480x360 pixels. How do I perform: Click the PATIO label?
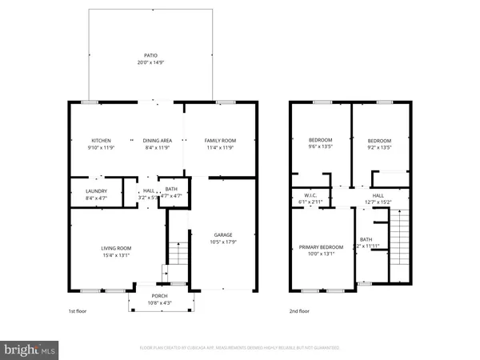[x=151, y=55]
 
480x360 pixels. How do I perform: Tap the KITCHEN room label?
[x=101, y=140]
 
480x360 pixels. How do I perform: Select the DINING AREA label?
[x=157, y=140]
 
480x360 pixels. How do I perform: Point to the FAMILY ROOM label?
[x=218, y=140]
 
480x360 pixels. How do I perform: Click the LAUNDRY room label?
[x=97, y=190]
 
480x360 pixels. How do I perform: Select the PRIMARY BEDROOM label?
[x=320, y=247]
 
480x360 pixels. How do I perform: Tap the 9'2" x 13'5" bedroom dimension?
[x=379, y=146]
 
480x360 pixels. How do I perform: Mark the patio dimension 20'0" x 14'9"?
[x=151, y=62]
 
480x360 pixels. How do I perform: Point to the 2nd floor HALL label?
[x=378, y=195]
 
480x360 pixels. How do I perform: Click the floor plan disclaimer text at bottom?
[x=240, y=349]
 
